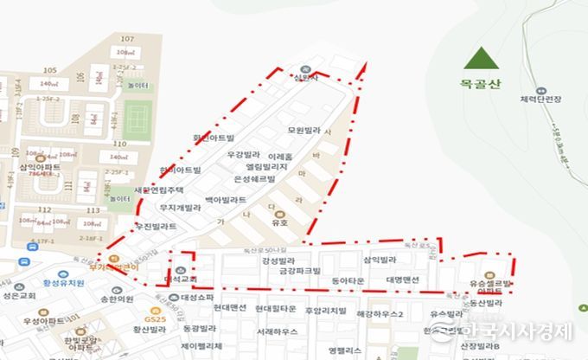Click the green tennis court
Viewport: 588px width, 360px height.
click(136, 115)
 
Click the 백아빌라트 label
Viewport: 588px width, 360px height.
click(226, 199)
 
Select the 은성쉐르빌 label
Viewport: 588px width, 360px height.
click(254, 178)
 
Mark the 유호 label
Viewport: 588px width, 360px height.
click(278, 222)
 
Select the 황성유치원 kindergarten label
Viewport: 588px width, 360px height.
click(64, 282)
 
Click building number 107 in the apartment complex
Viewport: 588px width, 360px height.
click(127, 39)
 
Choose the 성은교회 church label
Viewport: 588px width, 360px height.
click(18, 296)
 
